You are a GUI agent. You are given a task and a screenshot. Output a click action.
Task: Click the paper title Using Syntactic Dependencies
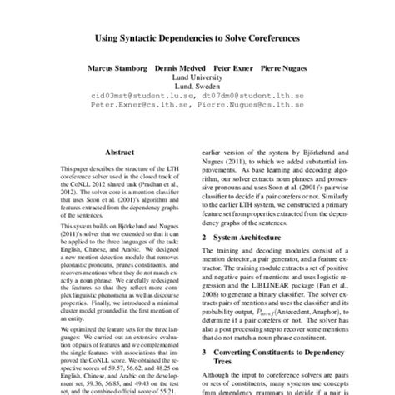[x=197, y=39]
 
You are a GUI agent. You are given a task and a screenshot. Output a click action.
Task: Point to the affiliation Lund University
[x=197, y=79]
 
